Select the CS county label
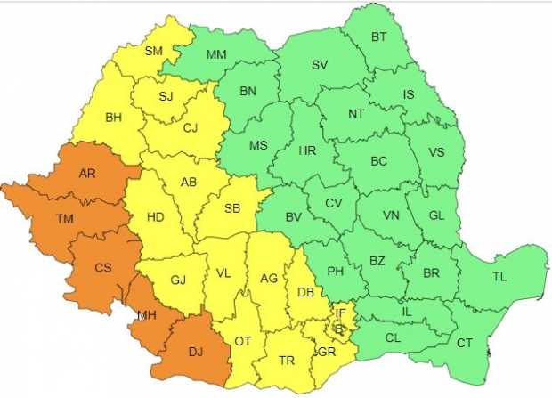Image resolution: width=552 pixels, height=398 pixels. pyautogui.click(x=102, y=266)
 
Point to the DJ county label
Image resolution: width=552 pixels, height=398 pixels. pyautogui.click(x=194, y=352)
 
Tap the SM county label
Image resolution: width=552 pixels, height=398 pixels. pyautogui.click(x=153, y=51)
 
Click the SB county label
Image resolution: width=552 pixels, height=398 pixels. pyautogui.click(x=231, y=208)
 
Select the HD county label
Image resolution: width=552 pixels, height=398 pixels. pyautogui.click(x=155, y=216)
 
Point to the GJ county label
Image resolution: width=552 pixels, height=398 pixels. pyautogui.click(x=178, y=280)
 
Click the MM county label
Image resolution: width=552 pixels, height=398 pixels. pyautogui.click(x=215, y=54)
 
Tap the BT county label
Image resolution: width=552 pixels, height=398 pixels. pyautogui.click(x=378, y=37)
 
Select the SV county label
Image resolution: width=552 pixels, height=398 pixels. pyautogui.click(x=320, y=64)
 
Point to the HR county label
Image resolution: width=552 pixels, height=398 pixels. pyautogui.click(x=307, y=150)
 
